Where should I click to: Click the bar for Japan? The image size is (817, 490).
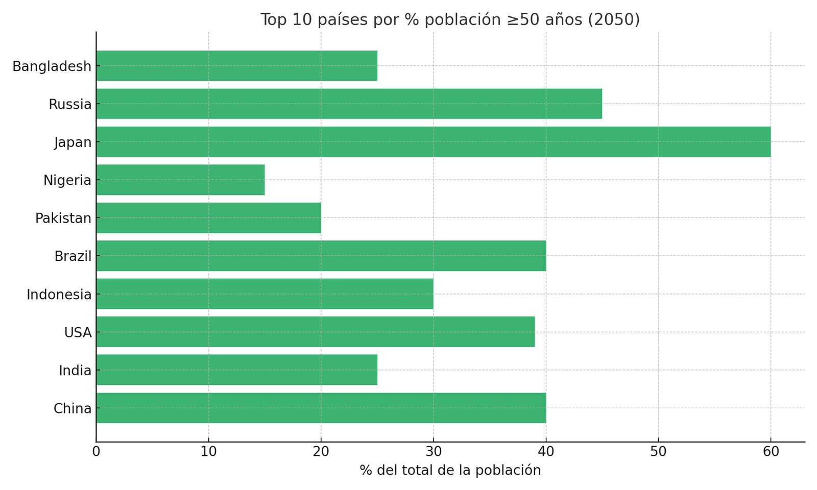click(433, 142)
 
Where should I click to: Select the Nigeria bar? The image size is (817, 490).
click(180, 180)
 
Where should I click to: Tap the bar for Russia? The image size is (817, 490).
click(349, 104)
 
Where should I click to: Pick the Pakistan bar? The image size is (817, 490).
click(208, 218)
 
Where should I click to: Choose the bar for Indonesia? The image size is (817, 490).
click(265, 293)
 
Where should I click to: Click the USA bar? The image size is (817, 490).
click(315, 332)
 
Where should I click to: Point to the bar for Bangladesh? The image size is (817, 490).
click(236, 66)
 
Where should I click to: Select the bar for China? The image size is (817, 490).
click(321, 408)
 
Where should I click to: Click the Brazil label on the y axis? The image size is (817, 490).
click(73, 256)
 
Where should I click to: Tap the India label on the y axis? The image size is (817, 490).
click(75, 371)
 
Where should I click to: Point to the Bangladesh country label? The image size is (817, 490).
click(52, 66)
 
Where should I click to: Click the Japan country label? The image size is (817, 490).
click(73, 142)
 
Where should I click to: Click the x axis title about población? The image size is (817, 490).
click(450, 471)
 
